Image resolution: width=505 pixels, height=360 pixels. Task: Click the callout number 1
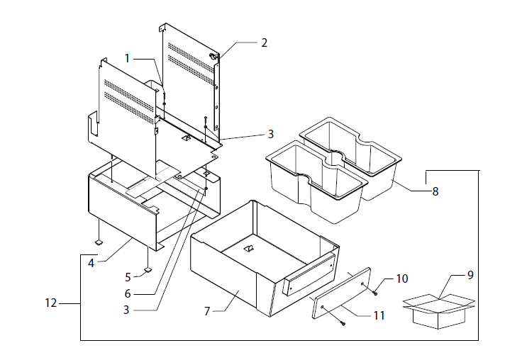pyautogui.click(x=128, y=58)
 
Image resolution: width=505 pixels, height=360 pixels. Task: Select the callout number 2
pyautogui.click(x=264, y=43)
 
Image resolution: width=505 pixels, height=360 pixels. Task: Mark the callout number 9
pyautogui.click(x=470, y=275)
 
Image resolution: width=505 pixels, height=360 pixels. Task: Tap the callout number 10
pyautogui.click(x=402, y=279)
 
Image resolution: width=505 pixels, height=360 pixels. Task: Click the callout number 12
pyautogui.click(x=50, y=304)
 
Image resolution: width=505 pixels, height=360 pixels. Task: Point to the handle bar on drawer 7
pyautogui.click(x=309, y=274)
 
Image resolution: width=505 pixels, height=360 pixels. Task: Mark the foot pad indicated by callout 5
pyautogui.click(x=147, y=269)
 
